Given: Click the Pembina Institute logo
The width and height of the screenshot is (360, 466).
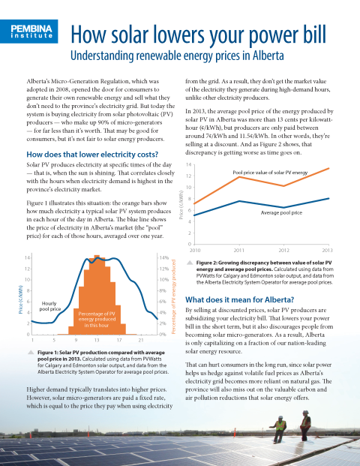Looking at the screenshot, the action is [x=28, y=32].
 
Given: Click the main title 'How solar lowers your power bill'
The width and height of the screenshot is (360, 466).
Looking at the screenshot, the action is [x=199, y=35].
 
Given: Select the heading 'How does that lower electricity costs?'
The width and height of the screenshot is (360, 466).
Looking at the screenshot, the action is [x=92, y=155].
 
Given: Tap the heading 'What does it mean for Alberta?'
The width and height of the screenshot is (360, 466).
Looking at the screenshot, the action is [x=240, y=299].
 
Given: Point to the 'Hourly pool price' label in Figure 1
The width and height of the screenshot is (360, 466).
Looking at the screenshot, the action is [x=49, y=306].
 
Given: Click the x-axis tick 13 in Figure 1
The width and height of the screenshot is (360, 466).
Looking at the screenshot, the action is [x=97, y=340].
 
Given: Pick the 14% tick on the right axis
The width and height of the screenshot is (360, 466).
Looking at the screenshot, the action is [x=164, y=257].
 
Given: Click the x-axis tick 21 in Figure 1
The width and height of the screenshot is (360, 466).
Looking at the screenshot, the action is [x=141, y=340].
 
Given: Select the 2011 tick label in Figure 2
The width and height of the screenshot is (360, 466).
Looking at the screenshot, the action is [x=238, y=250].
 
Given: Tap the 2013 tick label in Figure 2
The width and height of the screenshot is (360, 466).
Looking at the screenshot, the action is [x=327, y=250].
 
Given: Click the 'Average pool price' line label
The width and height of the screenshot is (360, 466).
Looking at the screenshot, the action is [x=281, y=213].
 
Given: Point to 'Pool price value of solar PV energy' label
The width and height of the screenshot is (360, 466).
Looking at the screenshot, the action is [x=270, y=173].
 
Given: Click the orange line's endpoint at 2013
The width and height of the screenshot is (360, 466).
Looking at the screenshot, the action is [x=328, y=169].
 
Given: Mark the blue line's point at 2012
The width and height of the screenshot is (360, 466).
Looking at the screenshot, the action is [x=283, y=207].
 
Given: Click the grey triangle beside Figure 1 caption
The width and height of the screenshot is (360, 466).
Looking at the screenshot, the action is [x=31, y=353].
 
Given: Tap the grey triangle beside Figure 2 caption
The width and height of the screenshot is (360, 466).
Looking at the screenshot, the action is [x=190, y=263].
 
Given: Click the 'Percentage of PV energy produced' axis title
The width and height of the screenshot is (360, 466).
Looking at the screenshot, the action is [x=174, y=296].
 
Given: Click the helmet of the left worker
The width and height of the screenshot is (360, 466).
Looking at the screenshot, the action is [x=280, y=417].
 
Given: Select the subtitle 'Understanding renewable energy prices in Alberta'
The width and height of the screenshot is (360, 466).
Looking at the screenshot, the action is [x=177, y=56].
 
